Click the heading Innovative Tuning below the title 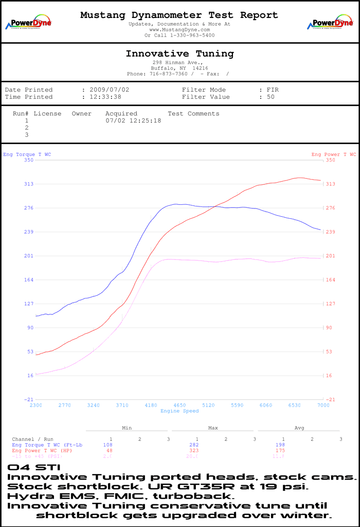pos(179,54)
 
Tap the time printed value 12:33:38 pos(105,97)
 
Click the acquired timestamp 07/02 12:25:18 pos(133,120)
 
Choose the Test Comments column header pos(193,113)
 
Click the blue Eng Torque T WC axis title pos(27,154)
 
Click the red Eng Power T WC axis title pos(333,154)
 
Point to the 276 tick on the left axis pos(28,208)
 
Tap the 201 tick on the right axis pos(330,256)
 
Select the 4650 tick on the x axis pos(179,406)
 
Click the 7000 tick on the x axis pos(322,406)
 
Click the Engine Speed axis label pos(179,411)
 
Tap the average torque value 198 pos(280,445)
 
